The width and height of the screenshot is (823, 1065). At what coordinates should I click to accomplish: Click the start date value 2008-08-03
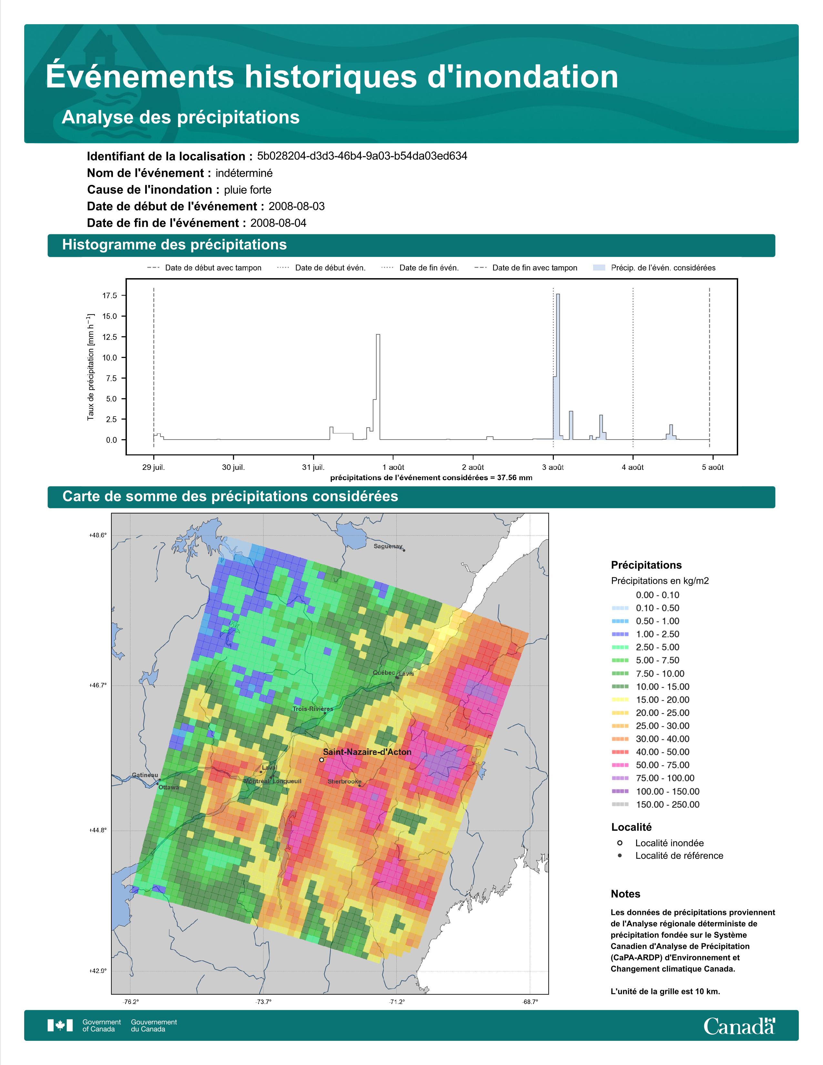(x=296, y=206)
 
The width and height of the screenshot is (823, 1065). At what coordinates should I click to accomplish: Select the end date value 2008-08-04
(x=279, y=223)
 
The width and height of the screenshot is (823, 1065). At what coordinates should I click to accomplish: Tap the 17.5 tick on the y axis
(x=110, y=296)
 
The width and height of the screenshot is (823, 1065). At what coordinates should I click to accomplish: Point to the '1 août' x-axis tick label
(x=393, y=467)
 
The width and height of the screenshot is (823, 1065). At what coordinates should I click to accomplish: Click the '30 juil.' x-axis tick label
(x=234, y=467)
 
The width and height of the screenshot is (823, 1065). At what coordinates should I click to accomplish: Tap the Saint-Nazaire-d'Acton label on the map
(x=367, y=752)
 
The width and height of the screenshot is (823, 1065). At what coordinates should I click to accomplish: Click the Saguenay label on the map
(x=388, y=546)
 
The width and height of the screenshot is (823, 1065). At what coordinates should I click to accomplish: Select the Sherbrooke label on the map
(x=345, y=781)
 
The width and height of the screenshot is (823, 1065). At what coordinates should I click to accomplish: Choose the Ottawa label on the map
(x=169, y=787)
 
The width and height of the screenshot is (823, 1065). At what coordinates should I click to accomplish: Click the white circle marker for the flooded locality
(x=321, y=760)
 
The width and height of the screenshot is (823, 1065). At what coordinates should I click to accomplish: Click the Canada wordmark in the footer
(x=739, y=1026)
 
